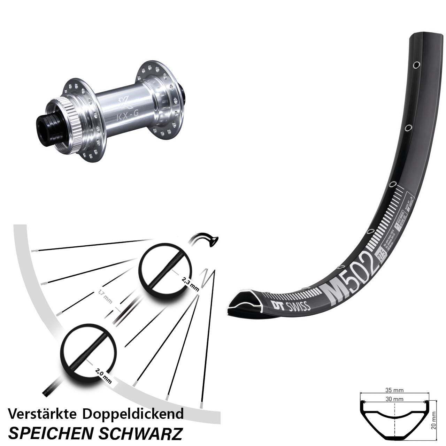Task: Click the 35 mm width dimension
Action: point(394,391)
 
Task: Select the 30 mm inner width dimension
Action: point(394,399)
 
